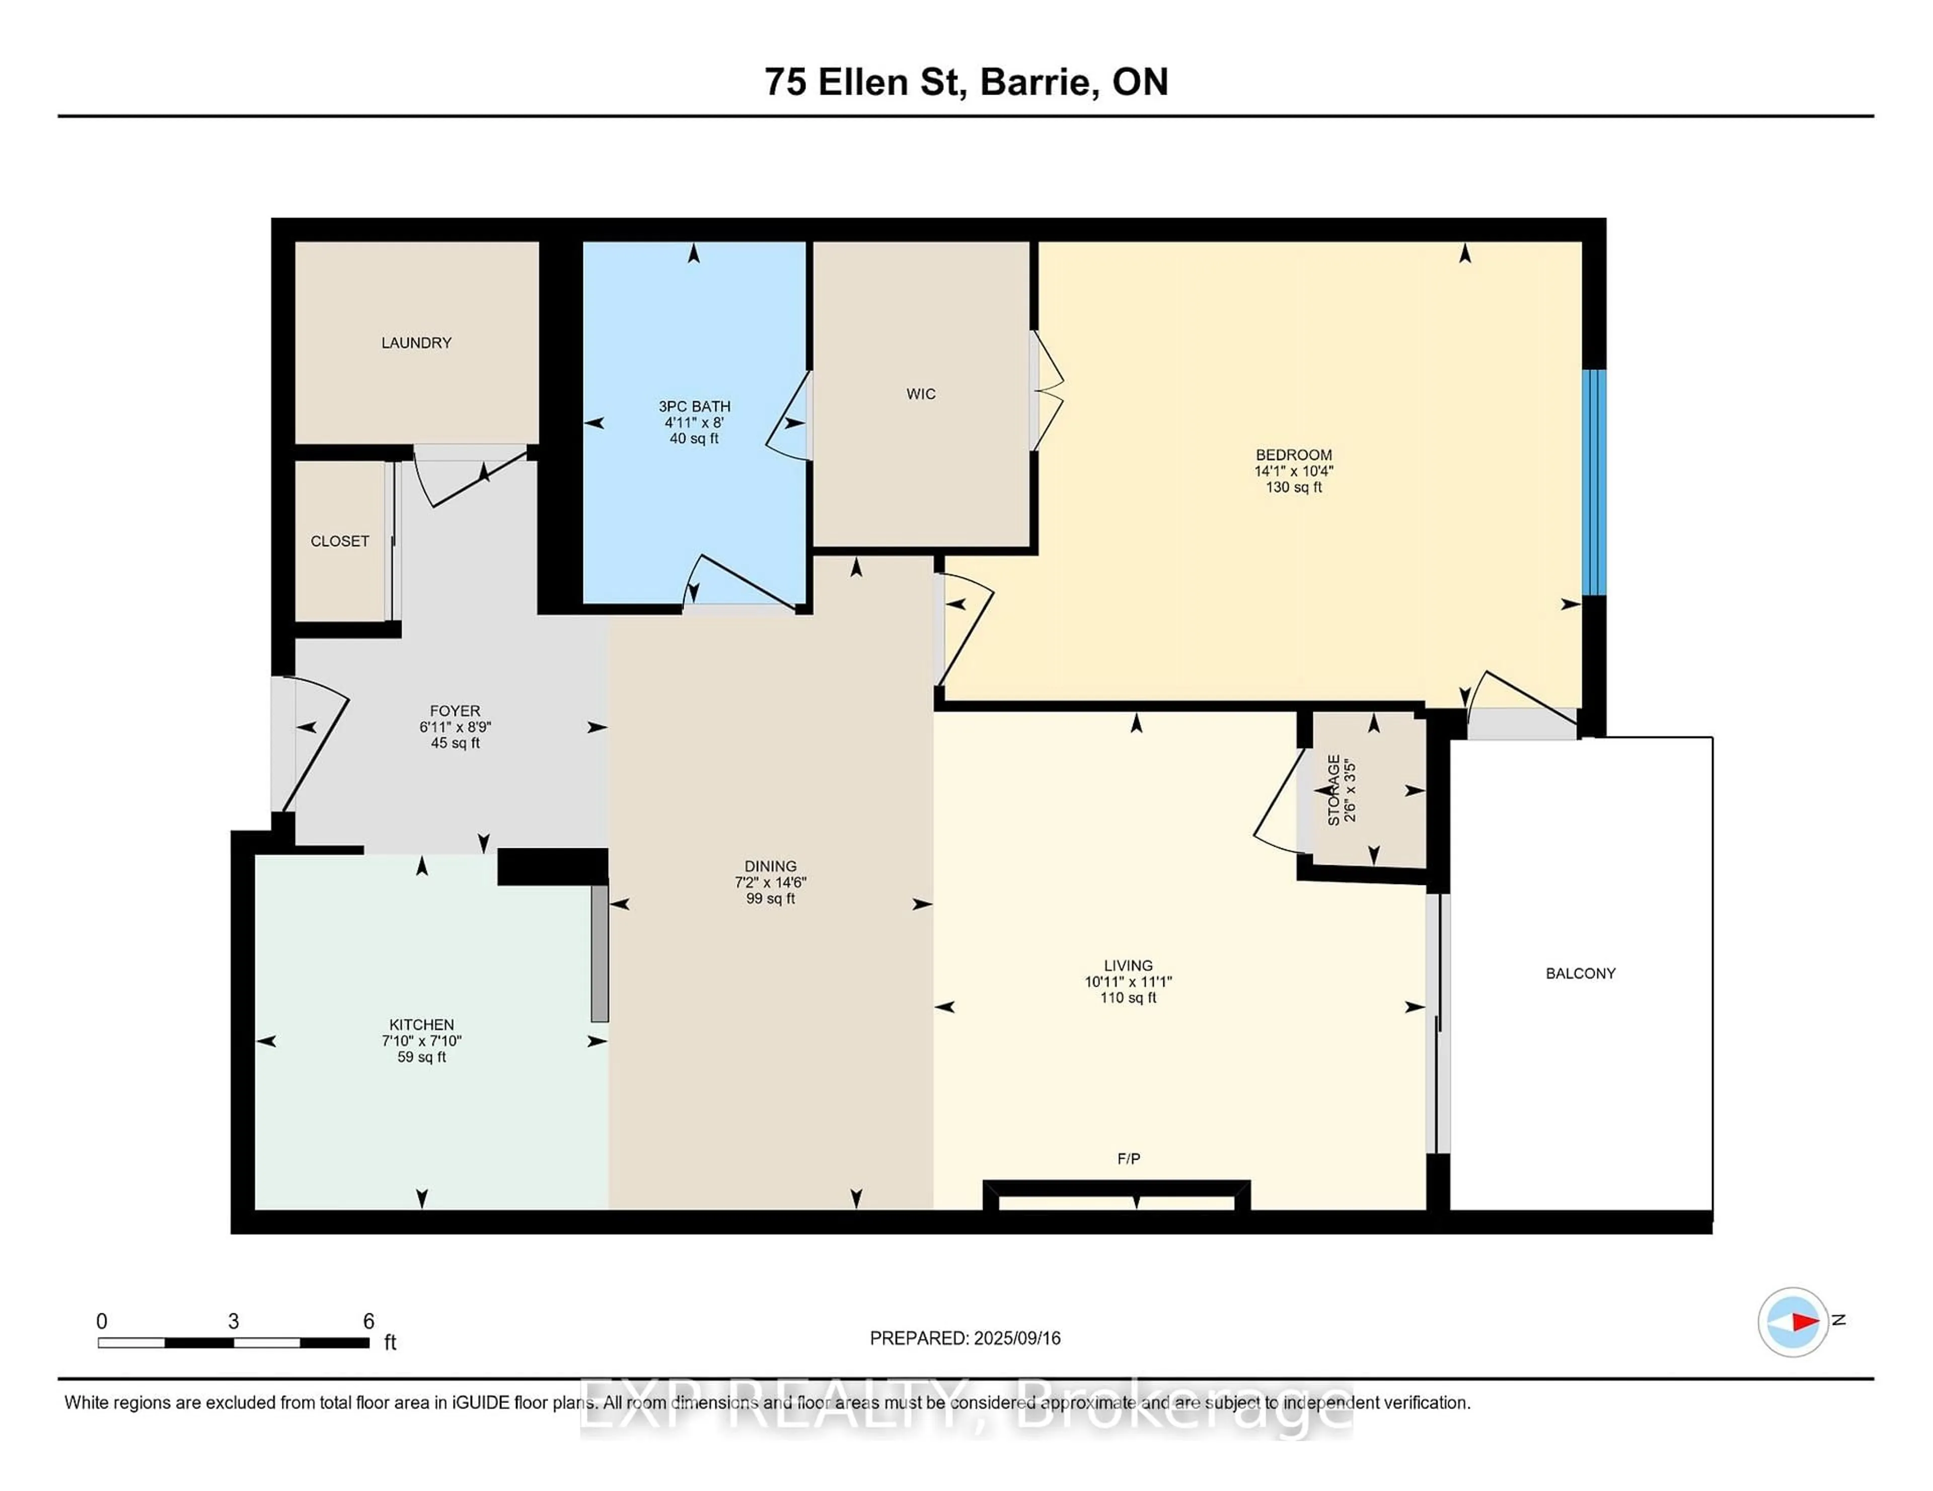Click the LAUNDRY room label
416,342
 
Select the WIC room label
921,394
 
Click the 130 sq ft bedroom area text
1293,487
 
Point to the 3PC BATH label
694,406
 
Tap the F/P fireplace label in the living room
1129,1158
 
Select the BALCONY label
1580,974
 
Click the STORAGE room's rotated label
1334,790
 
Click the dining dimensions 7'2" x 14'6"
770,882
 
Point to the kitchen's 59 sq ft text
421,1057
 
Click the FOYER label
455,711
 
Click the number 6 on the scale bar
368,1321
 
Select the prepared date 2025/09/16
1017,1338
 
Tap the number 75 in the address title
785,82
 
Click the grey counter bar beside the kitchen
599,953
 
